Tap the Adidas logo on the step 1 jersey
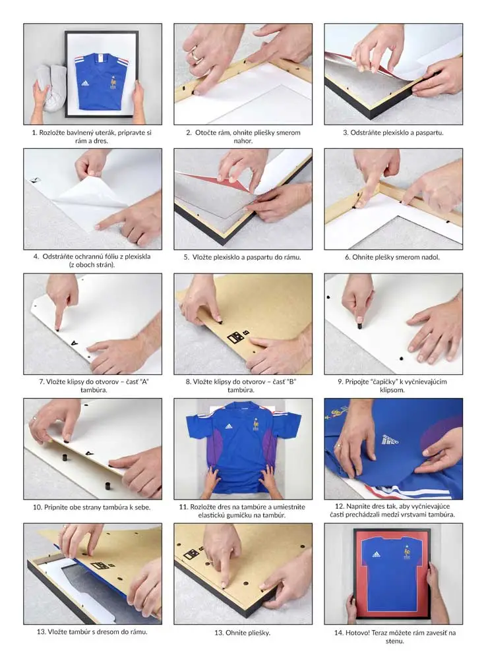click(x=84, y=83)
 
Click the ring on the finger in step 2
click(x=197, y=54)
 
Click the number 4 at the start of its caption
click(x=36, y=256)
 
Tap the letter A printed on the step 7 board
click(x=75, y=344)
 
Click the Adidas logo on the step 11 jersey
click(x=228, y=426)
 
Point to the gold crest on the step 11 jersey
click(x=255, y=424)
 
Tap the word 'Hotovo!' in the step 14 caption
click(x=357, y=632)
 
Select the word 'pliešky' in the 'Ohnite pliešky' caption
click(x=258, y=633)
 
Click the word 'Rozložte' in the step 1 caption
click(x=51, y=132)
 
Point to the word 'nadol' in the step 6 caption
click(x=430, y=257)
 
